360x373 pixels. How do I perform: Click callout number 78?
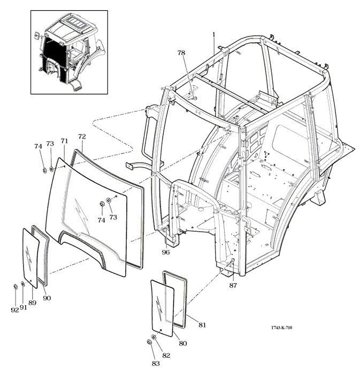tap(181, 53)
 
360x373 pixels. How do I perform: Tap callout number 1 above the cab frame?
tap(213, 34)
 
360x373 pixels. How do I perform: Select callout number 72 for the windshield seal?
tap(82, 136)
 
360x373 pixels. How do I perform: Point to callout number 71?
tap(64, 141)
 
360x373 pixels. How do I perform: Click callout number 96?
tap(166, 252)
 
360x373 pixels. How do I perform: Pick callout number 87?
tap(233, 285)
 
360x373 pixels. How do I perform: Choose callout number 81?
tap(202, 325)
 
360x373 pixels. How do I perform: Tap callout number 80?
tap(182, 343)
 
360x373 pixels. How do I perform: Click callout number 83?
tap(156, 363)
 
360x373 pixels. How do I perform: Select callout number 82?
tap(166, 355)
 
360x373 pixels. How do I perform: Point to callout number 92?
tap(15, 310)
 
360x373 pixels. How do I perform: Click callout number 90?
tap(47, 298)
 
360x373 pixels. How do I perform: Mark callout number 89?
tap(32, 303)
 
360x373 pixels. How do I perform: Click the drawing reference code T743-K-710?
tap(281, 328)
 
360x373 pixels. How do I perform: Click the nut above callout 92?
tap(15, 287)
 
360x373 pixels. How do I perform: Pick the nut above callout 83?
tap(149, 342)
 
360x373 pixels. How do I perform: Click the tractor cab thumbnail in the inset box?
tap(70, 52)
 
